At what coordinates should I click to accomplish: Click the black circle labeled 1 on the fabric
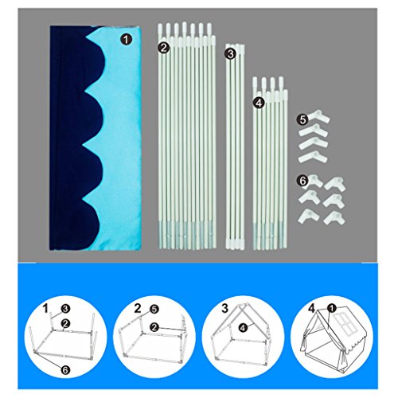(126, 40)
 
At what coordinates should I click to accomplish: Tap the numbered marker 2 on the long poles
(164, 48)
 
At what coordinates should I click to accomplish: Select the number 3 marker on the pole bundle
(230, 54)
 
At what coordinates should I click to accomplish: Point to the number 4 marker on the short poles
(259, 103)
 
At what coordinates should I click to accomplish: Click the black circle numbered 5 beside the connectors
(302, 120)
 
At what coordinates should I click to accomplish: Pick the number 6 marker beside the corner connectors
(302, 181)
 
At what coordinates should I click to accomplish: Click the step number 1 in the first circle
(46, 309)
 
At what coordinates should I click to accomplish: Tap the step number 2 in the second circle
(138, 309)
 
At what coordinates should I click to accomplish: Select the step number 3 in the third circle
(224, 309)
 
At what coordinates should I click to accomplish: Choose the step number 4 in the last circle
(312, 309)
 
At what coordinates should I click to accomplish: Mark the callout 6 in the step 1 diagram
(65, 370)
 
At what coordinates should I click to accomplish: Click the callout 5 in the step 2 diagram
(154, 309)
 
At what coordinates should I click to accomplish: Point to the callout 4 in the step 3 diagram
(243, 328)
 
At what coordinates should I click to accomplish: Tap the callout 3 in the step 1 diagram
(65, 309)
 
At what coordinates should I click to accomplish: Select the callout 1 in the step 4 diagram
(331, 308)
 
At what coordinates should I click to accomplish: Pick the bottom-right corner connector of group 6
(334, 218)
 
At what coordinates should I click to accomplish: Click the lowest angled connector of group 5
(313, 157)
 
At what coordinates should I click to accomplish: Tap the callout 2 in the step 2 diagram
(154, 327)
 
